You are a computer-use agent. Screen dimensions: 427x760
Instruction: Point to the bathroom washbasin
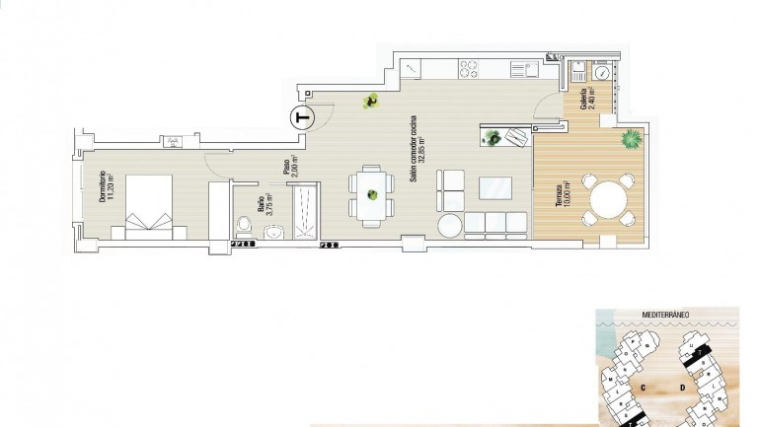(274, 232)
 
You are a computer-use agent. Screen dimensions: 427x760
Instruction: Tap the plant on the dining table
(372, 195)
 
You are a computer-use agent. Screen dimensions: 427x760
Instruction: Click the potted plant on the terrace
(628, 140)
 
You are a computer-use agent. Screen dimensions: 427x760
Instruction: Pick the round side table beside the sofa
(449, 226)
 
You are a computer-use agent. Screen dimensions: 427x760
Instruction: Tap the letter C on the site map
(643, 388)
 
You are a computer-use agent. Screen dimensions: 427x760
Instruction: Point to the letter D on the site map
(683, 388)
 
